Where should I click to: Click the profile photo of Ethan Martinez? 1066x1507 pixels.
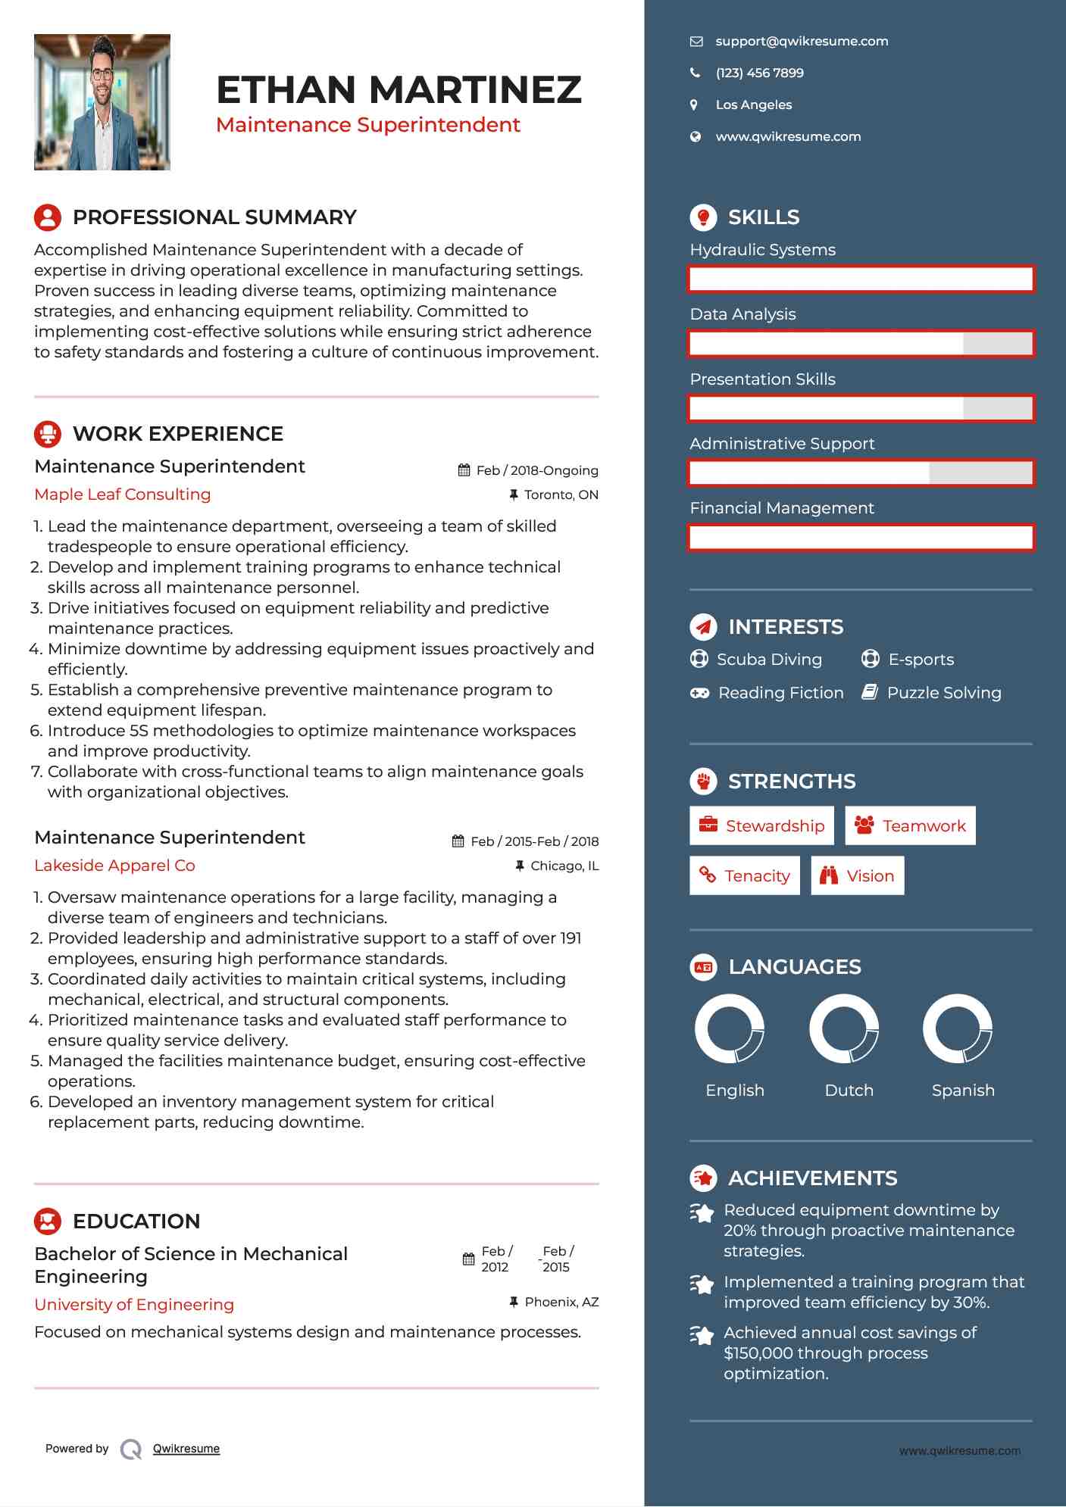pyautogui.click(x=102, y=102)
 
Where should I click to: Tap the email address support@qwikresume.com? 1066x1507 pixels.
pyautogui.click(x=802, y=42)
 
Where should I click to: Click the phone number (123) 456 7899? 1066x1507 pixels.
pyautogui.click(x=759, y=73)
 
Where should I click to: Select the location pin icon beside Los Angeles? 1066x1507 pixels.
pyautogui.click(x=694, y=105)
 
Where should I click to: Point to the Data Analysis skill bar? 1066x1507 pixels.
pyautogui.click(x=861, y=344)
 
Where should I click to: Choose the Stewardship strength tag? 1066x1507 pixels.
pyautogui.click(x=761, y=826)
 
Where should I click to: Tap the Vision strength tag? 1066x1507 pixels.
pyautogui.click(x=858, y=876)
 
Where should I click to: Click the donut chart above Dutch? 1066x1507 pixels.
pyautogui.click(x=843, y=1029)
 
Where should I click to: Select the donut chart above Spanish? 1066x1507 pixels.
pyautogui.click(x=958, y=1029)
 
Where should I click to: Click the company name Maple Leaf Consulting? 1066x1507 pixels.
pyautogui.click(x=123, y=495)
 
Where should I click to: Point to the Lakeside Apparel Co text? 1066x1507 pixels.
pyautogui.click(x=115, y=866)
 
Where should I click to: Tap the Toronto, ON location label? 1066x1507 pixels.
pyautogui.click(x=561, y=495)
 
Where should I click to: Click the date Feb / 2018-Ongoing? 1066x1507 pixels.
pyautogui.click(x=536, y=471)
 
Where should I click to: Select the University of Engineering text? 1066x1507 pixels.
pyautogui.click(x=134, y=1305)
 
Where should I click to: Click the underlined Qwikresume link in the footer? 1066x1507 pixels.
pyautogui.click(x=186, y=1449)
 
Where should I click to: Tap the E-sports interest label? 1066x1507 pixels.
pyautogui.click(x=921, y=660)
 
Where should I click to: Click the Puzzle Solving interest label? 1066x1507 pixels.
pyautogui.click(x=944, y=693)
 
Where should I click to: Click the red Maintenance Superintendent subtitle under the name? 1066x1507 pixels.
pyautogui.click(x=368, y=125)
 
